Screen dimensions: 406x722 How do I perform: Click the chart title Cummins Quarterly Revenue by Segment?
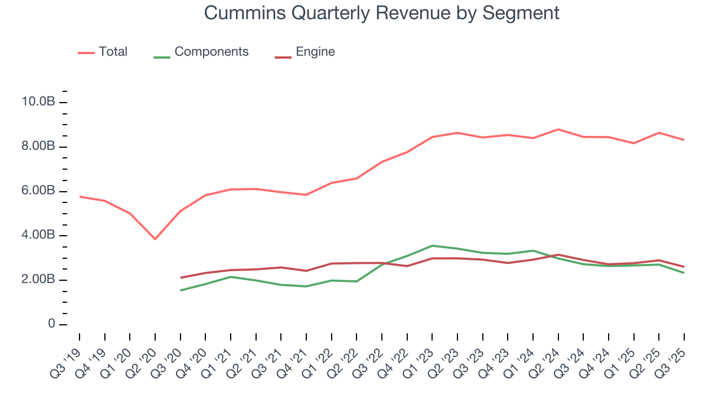tap(381, 12)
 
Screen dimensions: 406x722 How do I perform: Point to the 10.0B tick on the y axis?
tap(38, 102)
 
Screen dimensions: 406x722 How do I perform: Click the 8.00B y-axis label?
tap(38, 147)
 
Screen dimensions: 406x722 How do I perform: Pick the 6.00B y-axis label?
tap(38, 191)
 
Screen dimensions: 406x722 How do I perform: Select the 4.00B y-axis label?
tap(38, 235)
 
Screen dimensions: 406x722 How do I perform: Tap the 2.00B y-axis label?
tap(38, 280)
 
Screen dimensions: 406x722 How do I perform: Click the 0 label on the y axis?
tap(51, 324)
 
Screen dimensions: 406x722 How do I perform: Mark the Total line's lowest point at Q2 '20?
tap(155, 239)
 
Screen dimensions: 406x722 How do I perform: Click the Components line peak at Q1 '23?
tap(432, 246)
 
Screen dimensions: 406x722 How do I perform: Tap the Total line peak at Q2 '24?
tap(558, 129)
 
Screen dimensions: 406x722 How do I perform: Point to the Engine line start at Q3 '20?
tap(180, 277)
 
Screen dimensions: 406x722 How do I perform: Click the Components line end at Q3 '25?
tap(684, 273)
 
